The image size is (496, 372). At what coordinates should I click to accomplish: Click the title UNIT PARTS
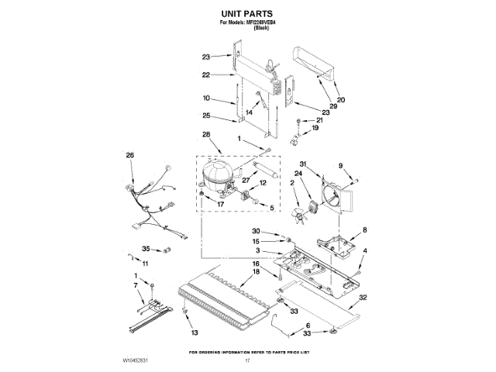[x=247, y=13]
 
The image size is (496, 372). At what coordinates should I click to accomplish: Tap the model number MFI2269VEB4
[x=260, y=22]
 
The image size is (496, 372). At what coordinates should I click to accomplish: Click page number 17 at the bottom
[x=248, y=360]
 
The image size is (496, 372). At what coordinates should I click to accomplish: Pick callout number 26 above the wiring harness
[x=130, y=155]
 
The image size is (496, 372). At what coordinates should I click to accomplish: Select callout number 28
[x=205, y=134]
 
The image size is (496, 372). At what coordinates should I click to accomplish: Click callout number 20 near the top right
[x=341, y=98]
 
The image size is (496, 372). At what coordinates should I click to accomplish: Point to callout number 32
[x=363, y=298]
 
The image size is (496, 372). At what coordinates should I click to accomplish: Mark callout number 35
[x=146, y=249]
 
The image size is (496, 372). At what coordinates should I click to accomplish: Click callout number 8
[x=364, y=229]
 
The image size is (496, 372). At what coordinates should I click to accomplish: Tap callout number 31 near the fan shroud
[x=304, y=164]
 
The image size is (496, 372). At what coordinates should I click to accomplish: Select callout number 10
[x=206, y=98]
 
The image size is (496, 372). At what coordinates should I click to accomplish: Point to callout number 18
[x=256, y=273]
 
